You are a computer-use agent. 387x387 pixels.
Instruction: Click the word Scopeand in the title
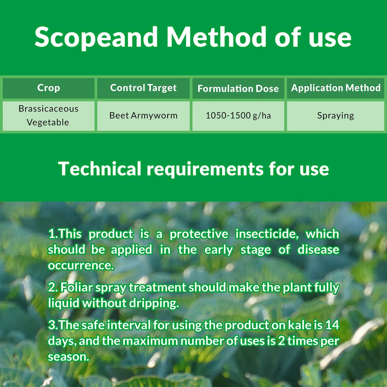point(96,37)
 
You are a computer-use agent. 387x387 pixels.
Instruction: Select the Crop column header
point(49,88)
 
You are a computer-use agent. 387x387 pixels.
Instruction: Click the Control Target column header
point(143,88)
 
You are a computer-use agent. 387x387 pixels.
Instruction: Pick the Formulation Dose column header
point(238,88)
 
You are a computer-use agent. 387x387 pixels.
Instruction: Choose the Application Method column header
point(336,88)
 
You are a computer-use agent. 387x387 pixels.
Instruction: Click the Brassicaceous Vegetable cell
point(49,115)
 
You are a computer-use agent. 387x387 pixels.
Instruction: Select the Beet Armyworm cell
point(143,116)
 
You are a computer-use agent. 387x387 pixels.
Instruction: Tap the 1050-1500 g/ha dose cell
point(238,116)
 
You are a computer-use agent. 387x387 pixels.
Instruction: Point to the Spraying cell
point(336,116)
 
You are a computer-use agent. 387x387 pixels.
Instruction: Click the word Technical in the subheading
point(100,169)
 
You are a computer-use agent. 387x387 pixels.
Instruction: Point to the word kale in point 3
point(302,325)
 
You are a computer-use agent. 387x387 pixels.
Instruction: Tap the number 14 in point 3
point(332,325)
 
